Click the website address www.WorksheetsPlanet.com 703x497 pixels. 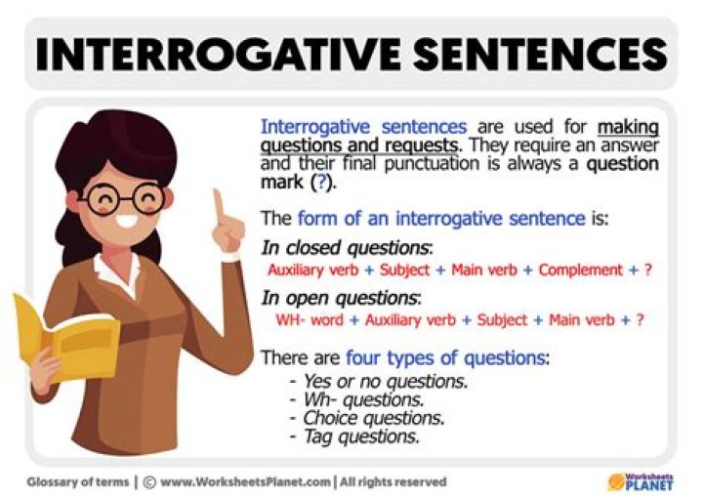(x=244, y=481)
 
